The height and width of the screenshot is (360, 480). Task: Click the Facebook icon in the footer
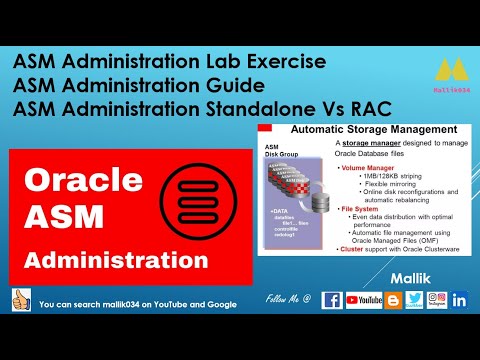[332, 299]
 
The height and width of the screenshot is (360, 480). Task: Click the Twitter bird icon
[414, 299]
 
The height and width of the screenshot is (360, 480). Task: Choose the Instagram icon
[437, 299]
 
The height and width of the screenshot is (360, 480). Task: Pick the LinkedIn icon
[460, 299]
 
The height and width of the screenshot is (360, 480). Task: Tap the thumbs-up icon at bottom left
[18, 300]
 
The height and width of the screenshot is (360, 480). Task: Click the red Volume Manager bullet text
[370, 168]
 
